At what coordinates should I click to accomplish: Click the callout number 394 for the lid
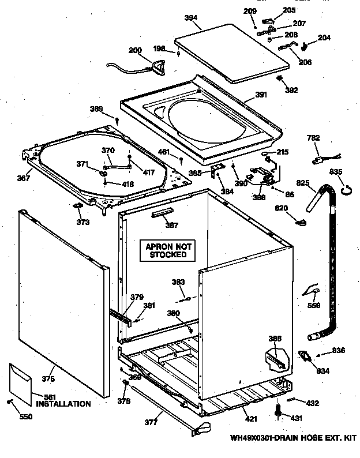point(192,17)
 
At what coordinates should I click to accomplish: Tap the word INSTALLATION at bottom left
point(63,404)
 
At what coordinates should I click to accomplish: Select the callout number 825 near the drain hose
point(303,183)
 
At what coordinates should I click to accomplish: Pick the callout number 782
point(313,138)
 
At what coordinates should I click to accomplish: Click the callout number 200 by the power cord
point(134,50)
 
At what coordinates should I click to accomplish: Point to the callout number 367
point(23,178)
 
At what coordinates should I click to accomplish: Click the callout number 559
point(313,306)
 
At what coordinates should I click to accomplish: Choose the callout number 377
point(151,422)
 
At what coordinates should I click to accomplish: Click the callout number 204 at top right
point(324,38)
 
